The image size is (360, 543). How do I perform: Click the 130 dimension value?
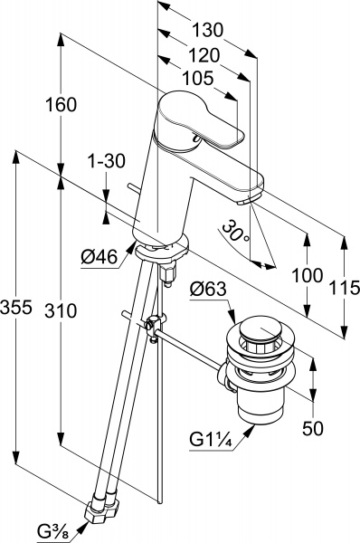click(208, 31)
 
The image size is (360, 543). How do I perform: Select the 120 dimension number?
click(204, 55)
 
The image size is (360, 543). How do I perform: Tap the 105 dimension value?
click(198, 79)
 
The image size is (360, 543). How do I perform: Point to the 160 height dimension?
click(61, 105)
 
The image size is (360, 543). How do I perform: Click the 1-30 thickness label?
click(106, 161)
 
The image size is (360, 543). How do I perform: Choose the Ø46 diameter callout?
click(99, 257)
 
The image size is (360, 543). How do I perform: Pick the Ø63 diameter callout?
click(209, 289)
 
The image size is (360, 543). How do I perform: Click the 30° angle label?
click(236, 230)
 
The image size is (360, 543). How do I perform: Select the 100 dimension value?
click(308, 276)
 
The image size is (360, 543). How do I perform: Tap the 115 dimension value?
click(345, 288)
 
